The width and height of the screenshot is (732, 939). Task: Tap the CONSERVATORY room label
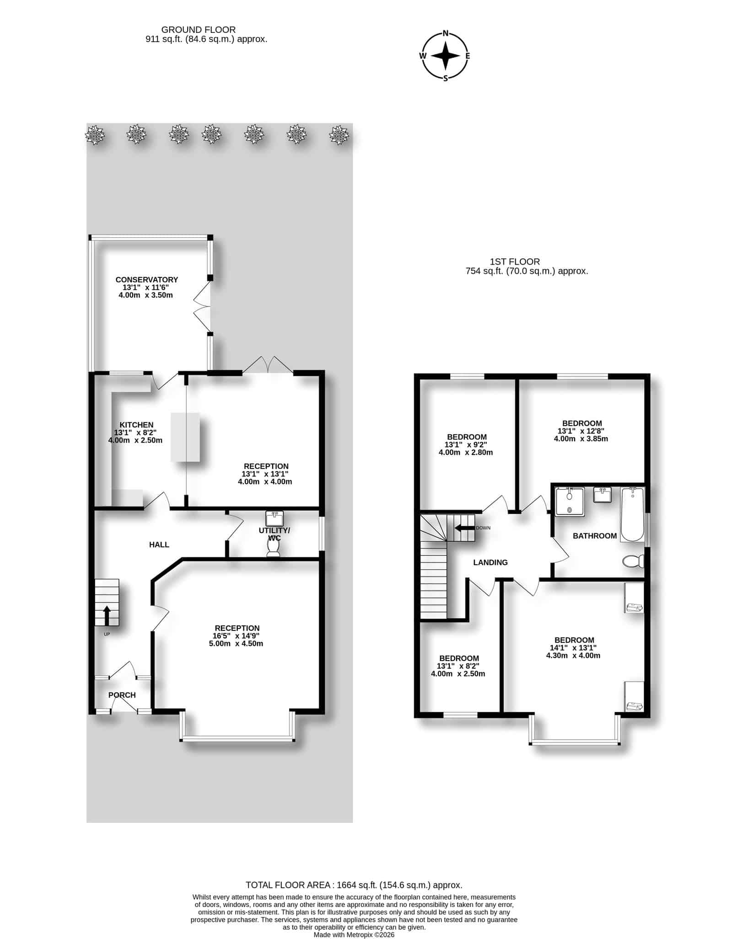[x=146, y=280]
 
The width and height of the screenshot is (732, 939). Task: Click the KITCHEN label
[x=136, y=425]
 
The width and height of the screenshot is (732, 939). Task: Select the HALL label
[x=159, y=544]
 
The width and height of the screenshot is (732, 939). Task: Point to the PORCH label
[x=122, y=695]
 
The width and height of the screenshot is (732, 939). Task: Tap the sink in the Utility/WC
[x=274, y=518]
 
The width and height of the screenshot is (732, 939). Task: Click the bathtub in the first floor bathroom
[x=632, y=515]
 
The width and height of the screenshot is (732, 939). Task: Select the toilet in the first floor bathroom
[x=634, y=561]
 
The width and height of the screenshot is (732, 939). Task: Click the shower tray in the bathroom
[x=570, y=502]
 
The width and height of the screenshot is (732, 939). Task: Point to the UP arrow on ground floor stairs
[x=107, y=615]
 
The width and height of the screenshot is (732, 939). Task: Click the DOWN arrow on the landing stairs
[x=464, y=528]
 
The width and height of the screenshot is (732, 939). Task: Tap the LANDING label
[x=490, y=562]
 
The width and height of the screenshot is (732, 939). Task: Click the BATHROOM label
[x=595, y=536]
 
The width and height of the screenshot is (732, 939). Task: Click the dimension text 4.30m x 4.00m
[x=573, y=656]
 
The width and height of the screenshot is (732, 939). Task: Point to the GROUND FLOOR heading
[x=199, y=30]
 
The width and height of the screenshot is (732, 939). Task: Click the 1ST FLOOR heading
[x=515, y=261]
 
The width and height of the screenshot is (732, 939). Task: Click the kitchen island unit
[x=185, y=437]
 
